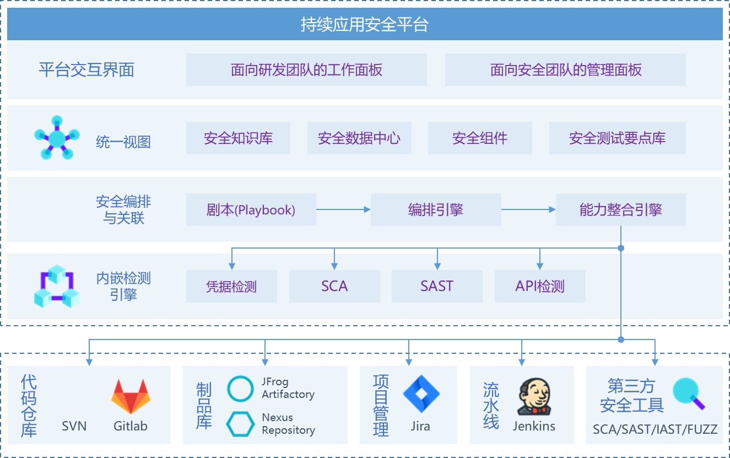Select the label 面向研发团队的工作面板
(306, 70)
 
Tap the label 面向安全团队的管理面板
(566, 70)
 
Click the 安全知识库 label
(238, 138)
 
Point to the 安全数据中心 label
(359, 138)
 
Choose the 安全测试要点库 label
(617, 138)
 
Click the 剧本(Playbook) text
(251, 210)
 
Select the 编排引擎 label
(435, 210)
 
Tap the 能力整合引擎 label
(620, 210)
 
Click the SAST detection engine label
(437, 286)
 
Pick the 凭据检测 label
(231, 287)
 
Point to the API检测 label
(539, 287)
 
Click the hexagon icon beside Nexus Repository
(241, 424)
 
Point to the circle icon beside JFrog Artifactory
(241, 389)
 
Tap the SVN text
(74, 426)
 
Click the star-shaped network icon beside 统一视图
(57, 138)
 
